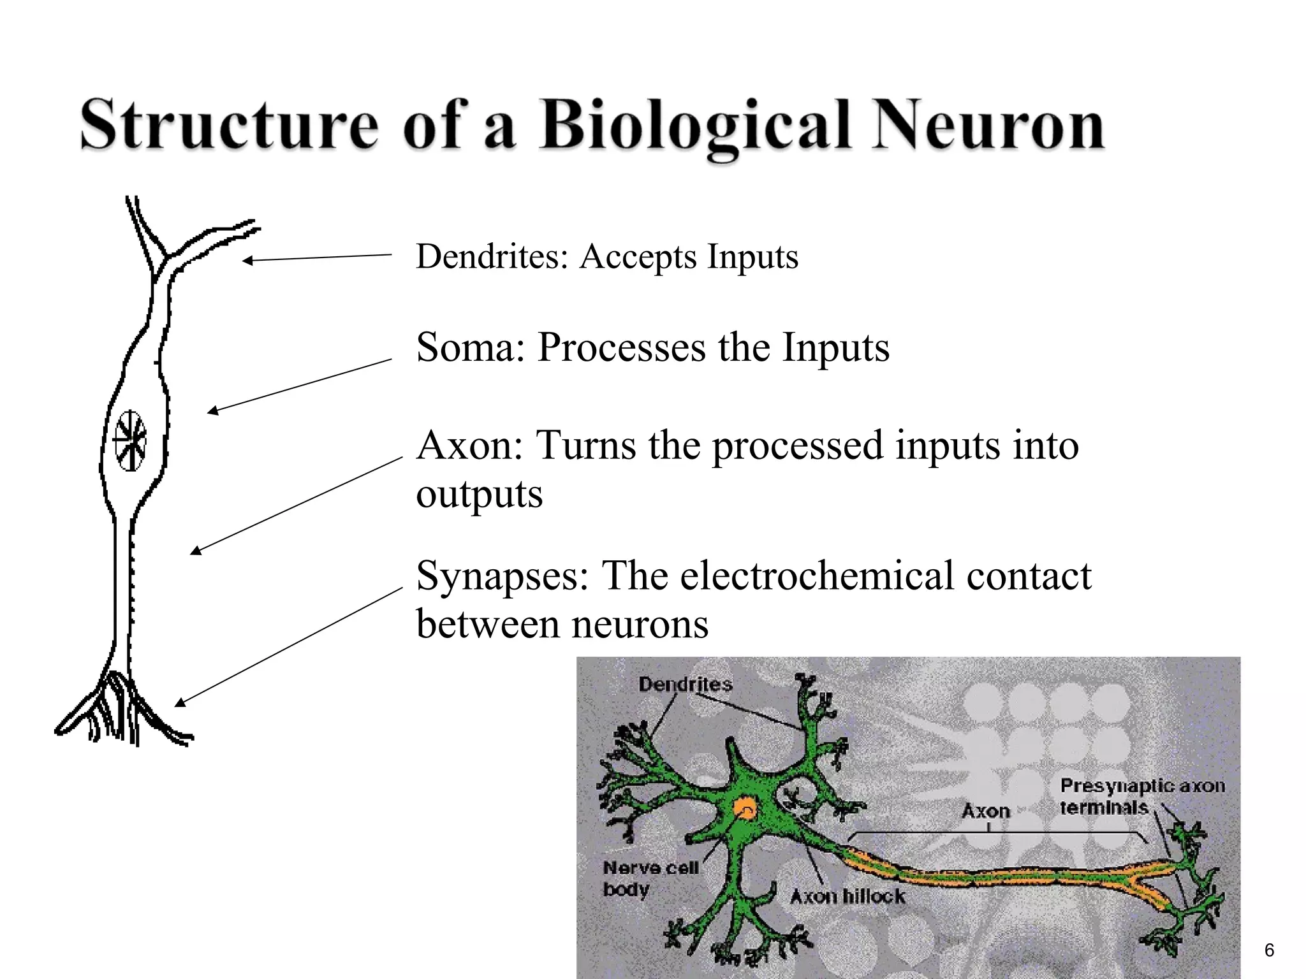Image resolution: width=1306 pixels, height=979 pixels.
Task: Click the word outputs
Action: click(x=479, y=494)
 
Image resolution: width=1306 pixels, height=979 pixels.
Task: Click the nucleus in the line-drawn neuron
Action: click(x=130, y=440)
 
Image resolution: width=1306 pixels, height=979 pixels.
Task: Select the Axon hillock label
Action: click(x=847, y=897)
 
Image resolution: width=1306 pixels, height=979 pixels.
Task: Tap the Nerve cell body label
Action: click(x=650, y=878)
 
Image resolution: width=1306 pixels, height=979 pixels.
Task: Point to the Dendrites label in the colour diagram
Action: click(x=685, y=685)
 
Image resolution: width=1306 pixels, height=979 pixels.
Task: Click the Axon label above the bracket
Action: click(x=986, y=811)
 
